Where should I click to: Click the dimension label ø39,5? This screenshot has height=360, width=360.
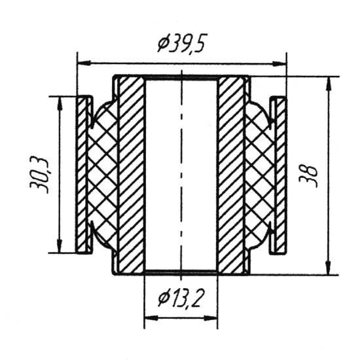(x=181, y=43)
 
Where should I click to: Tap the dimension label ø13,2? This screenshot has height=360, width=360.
(x=181, y=299)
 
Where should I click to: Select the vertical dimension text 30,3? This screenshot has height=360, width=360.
(x=39, y=175)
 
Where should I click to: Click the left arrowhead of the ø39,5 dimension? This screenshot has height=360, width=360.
(x=84, y=62)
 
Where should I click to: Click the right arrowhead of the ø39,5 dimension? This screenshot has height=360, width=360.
(x=279, y=63)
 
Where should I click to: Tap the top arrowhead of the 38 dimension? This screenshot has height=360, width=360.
(x=329, y=84)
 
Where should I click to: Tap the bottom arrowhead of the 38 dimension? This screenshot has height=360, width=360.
(x=329, y=267)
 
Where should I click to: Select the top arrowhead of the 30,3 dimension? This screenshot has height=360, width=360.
(x=60, y=104)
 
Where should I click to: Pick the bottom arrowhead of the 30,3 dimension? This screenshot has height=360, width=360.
(x=60, y=245)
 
